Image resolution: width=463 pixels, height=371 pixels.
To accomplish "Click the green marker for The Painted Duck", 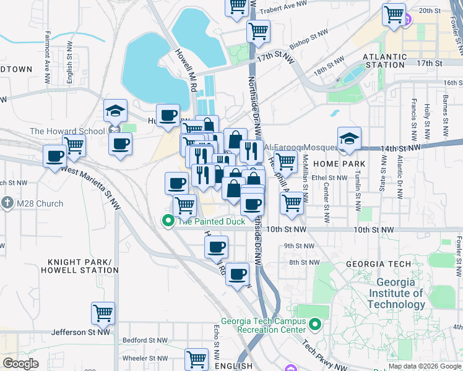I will [168, 221].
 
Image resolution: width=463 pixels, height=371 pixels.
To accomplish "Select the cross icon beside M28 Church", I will [7, 203].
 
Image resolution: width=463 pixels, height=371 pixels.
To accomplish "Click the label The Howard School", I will [67, 131].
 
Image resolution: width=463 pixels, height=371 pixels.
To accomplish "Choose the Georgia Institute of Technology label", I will [396, 293].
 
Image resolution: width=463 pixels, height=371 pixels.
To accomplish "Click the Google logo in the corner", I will [21, 363].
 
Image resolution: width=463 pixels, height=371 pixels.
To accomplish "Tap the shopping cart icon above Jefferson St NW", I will [103, 312].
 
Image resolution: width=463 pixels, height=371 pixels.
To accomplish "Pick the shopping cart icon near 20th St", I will [394, 14].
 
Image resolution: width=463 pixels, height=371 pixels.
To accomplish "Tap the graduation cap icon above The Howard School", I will [115, 111].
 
